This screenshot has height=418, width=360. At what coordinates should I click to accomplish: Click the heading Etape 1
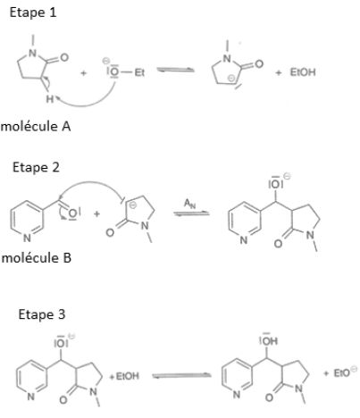pyautogui.click(x=33, y=13)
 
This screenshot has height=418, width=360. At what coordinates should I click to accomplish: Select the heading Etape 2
pyautogui.click(x=36, y=168)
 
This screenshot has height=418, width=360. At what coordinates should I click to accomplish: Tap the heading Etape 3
pyautogui.click(x=42, y=314)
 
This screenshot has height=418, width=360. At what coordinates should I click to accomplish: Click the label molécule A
pyautogui.click(x=36, y=127)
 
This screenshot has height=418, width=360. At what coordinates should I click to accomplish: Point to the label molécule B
pyautogui.click(x=37, y=258)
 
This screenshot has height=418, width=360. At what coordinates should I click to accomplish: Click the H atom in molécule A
pyautogui.click(x=50, y=99)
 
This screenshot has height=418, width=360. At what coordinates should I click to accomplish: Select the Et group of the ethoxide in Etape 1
pyautogui.click(x=139, y=72)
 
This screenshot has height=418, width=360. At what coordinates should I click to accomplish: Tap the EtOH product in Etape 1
pyautogui.click(x=303, y=72)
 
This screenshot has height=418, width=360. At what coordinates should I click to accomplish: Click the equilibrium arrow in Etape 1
pyautogui.click(x=175, y=70)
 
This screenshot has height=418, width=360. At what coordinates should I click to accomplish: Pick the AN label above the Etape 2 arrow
pyautogui.click(x=189, y=204)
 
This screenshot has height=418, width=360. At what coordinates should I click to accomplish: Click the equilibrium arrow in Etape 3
pyautogui.click(x=181, y=376)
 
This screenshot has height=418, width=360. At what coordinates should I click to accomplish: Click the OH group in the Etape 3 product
pyautogui.click(x=269, y=340)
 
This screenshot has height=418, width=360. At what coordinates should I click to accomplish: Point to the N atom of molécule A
pyautogui.click(x=33, y=54)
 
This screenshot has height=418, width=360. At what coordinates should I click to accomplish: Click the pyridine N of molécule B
pyautogui.click(x=27, y=238)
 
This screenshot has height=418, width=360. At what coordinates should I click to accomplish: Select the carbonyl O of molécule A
pyautogui.click(x=64, y=57)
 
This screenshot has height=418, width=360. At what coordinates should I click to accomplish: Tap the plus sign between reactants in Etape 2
pyautogui.click(x=96, y=213)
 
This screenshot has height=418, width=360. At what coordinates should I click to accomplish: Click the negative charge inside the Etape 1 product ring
pyautogui.click(x=231, y=79)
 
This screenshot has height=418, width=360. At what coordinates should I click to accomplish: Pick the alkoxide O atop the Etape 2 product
pyautogui.click(x=275, y=185)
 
